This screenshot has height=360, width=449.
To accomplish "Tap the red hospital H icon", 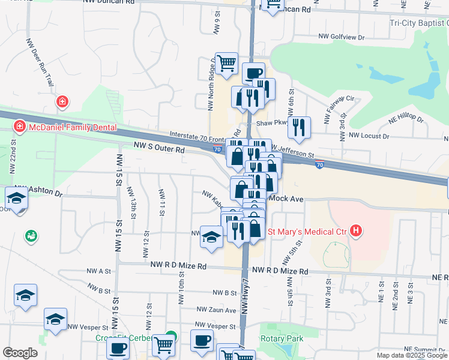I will click(357, 230).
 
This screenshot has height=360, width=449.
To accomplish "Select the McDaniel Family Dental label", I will click(69, 127).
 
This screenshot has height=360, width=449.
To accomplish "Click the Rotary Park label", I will click(282, 338).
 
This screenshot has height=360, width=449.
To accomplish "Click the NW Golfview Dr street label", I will click(342, 37).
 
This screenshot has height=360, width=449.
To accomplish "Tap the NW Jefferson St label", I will click(292, 151).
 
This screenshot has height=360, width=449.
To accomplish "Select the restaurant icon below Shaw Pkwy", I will click(298, 127).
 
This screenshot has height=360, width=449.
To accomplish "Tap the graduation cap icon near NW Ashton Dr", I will click(16, 199).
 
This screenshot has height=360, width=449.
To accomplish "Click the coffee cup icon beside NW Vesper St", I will click(202, 341).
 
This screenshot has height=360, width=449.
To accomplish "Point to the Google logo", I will click(20, 353).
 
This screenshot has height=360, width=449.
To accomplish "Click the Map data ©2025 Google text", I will click(411, 355).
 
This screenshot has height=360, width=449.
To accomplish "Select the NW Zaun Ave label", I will click(217, 310).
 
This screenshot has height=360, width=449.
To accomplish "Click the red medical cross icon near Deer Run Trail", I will click(61, 102).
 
